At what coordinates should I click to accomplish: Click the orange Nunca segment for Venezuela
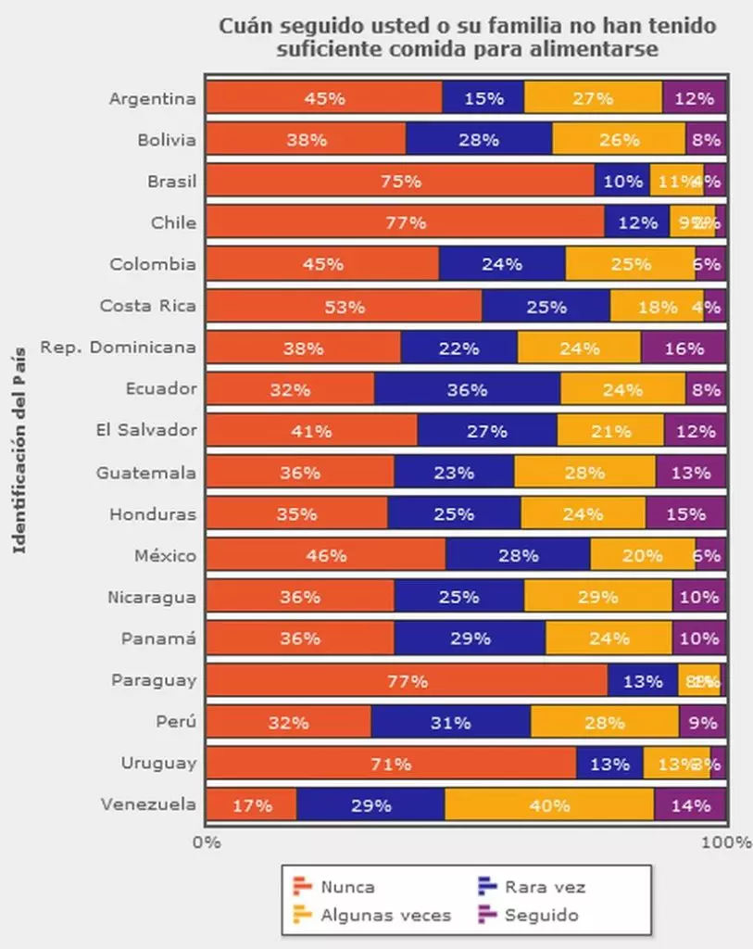251,805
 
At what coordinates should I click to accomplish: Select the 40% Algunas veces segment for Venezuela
549,805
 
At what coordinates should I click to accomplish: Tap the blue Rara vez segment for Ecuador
467,389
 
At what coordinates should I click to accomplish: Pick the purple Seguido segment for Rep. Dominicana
684,348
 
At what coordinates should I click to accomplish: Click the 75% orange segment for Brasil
400,181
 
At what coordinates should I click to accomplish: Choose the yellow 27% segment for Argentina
593,97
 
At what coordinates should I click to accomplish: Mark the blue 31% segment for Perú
450,722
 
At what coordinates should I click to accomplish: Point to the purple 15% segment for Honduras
685,513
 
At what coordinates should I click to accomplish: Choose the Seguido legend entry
529,916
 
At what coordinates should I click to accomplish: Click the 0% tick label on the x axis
206,841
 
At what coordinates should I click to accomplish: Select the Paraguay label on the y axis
154,680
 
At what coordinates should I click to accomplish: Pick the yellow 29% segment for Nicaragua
597,597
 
